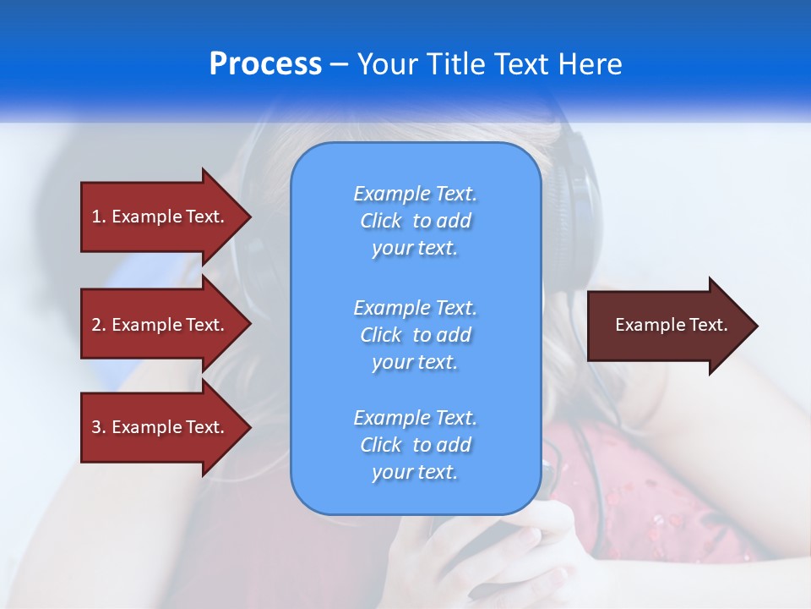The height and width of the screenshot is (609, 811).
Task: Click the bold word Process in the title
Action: pos(265,64)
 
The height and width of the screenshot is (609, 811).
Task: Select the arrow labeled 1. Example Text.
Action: pos(161,217)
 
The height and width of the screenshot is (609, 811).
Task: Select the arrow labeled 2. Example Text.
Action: pos(161,325)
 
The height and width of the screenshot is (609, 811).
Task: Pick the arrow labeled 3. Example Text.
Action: pos(161,427)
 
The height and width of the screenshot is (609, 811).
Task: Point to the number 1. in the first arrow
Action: pos(99,217)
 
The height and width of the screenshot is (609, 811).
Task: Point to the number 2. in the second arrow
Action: pos(99,325)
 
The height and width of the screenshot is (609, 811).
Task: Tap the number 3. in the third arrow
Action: pos(99,427)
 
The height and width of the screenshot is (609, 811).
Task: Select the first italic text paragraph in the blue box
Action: pos(415,221)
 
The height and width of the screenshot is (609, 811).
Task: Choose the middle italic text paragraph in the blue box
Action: pos(415,335)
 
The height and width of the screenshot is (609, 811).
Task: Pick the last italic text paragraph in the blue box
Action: pos(415,445)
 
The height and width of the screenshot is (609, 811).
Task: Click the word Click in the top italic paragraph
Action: pos(381,221)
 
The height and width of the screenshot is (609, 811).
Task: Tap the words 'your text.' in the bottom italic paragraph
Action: pos(415,472)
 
